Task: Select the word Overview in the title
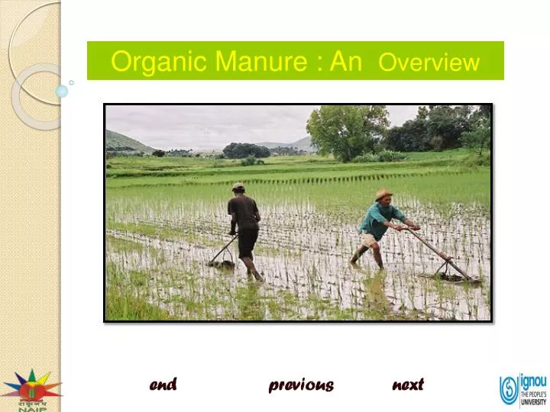coord(429,63)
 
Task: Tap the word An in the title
coord(346,61)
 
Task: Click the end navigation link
coord(163,385)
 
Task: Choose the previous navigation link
coord(301,385)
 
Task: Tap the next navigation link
coord(408,385)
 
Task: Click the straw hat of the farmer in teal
coord(383,195)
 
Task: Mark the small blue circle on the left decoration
coord(62,91)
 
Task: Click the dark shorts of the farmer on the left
coord(247,243)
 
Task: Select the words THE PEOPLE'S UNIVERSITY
coord(533,398)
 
